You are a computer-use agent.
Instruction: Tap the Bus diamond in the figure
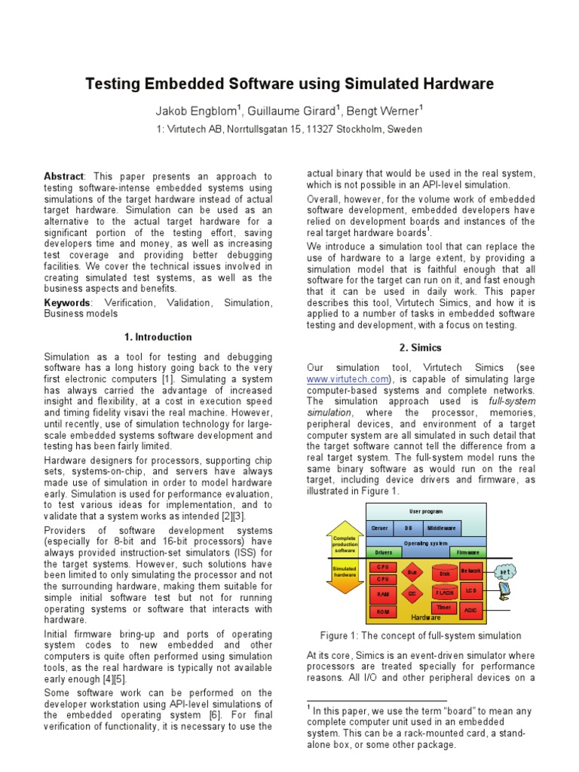(x=412, y=573)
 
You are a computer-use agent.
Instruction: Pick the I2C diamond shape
(x=412, y=594)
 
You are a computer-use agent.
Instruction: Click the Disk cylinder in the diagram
(x=444, y=574)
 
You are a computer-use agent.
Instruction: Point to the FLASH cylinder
(x=444, y=593)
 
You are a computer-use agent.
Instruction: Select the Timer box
(x=443, y=608)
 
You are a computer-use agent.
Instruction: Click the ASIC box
(x=471, y=609)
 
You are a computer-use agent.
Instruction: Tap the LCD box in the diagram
(x=471, y=590)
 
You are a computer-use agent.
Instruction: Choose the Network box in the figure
(x=470, y=571)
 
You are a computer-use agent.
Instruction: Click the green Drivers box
(x=384, y=552)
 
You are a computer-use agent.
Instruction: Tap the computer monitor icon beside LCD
(x=503, y=590)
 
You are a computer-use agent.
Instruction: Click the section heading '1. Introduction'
(x=158, y=337)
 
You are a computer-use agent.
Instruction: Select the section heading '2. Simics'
(x=421, y=347)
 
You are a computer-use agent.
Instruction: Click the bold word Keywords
(x=66, y=302)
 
